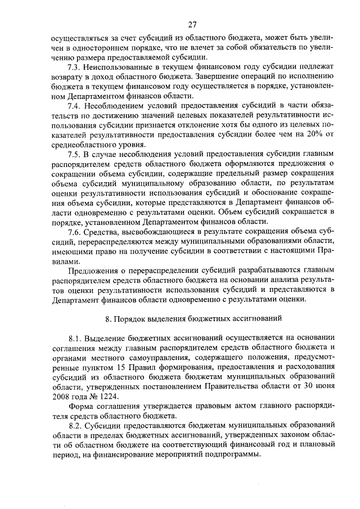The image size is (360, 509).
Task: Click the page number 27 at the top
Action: point(192,25)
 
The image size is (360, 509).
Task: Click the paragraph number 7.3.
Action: point(74,67)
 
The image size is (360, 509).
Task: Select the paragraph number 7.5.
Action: point(74,154)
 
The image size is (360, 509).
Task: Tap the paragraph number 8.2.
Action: point(75,426)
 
